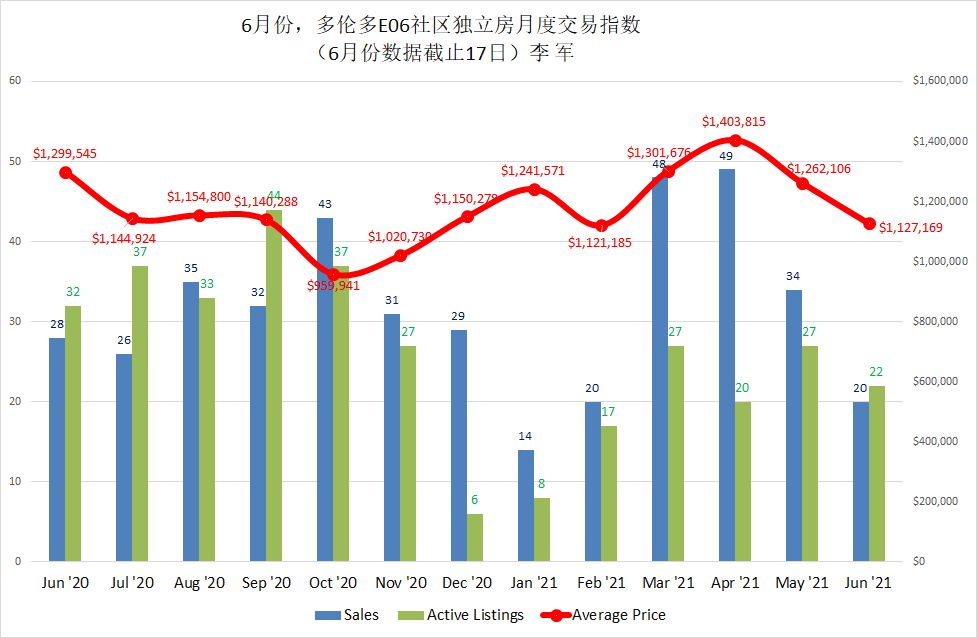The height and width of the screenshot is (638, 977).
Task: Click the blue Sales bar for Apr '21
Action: (x=727, y=365)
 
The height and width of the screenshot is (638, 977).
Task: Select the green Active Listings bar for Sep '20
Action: (x=274, y=385)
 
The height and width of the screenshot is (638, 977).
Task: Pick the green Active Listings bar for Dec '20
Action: (x=475, y=537)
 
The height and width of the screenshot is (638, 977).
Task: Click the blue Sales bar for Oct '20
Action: (x=325, y=389)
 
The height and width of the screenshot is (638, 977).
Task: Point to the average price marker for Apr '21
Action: (x=735, y=140)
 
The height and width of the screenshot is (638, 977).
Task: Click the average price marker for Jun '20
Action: (x=66, y=172)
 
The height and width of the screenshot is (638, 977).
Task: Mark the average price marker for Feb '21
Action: (x=601, y=226)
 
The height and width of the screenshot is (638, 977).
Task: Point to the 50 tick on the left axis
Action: (x=15, y=161)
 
